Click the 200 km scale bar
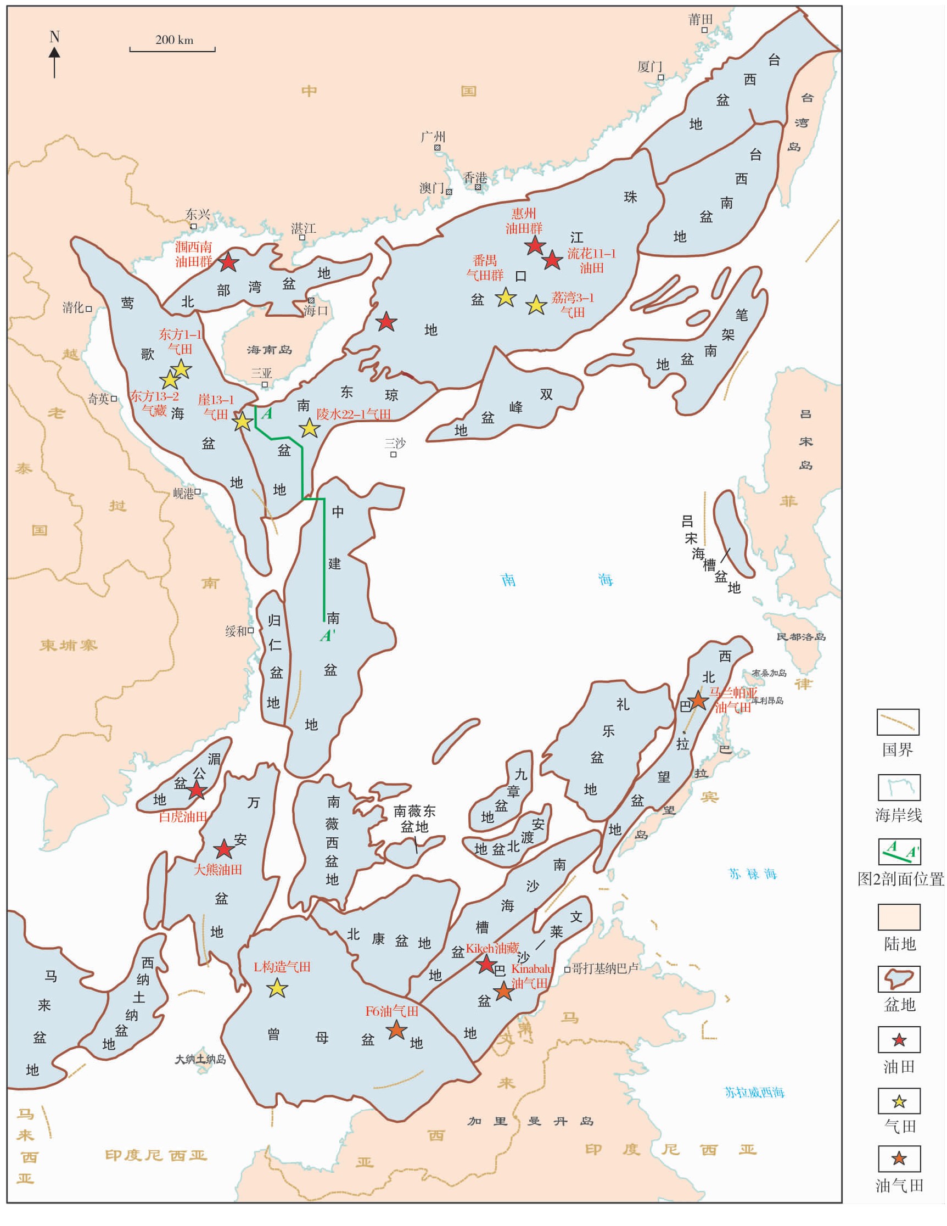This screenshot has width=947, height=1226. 172,49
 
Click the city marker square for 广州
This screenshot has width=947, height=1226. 437,148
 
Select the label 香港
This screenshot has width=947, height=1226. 474,177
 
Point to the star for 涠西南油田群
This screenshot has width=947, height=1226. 228,261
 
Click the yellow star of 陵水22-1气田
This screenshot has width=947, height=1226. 309,428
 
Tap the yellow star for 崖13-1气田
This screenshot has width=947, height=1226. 243,421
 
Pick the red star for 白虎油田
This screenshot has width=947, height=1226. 197,791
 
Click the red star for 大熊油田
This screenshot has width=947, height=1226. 224,849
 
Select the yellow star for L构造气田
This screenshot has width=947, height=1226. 277,988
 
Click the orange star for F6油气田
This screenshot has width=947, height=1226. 396,1029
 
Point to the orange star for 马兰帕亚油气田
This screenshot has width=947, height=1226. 698,700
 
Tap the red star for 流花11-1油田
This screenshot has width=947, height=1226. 552,259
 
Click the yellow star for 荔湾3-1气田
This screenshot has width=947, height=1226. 536,305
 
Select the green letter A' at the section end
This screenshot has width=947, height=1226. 327,635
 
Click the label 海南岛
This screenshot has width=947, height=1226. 270,350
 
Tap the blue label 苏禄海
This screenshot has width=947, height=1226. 752,874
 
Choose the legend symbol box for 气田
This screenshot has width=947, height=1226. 899,1101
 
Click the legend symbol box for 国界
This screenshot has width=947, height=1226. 898,722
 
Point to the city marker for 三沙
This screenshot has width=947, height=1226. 394,454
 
